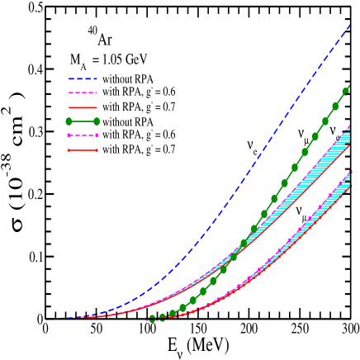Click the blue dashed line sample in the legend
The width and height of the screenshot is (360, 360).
[83, 78]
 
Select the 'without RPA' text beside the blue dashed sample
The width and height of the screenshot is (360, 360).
[127, 78]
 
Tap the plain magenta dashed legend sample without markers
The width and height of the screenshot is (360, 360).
[83, 92]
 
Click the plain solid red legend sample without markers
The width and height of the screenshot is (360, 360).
[83, 107]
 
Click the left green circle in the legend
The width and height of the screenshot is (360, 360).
[69, 121]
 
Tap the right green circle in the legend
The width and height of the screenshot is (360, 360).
[97, 121]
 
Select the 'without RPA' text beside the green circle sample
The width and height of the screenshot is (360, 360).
[127, 121]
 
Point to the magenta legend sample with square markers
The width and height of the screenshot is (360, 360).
[83, 135]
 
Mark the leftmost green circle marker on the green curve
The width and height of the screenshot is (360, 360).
[152, 319]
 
